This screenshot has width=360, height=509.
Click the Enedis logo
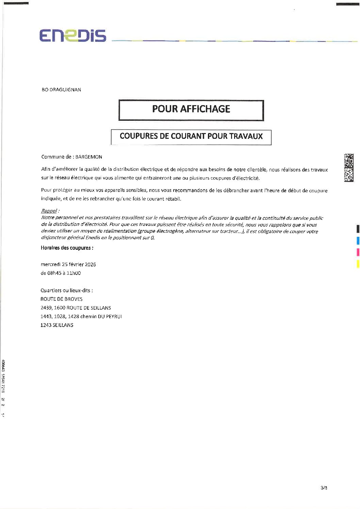click(x=72, y=36)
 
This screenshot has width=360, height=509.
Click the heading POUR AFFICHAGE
click(x=191, y=109)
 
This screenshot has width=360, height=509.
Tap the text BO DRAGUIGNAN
click(x=61, y=90)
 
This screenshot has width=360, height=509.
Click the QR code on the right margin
click(x=348, y=167)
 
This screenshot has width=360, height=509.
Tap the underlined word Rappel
click(x=49, y=211)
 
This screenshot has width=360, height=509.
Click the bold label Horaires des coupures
click(x=67, y=248)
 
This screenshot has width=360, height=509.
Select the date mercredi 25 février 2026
click(x=68, y=264)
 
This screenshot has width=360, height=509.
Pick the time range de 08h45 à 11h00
click(x=61, y=273)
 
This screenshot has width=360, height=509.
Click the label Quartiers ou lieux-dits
click(x=66, y=290)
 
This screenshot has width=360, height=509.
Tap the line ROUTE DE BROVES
click(x=61, y=299)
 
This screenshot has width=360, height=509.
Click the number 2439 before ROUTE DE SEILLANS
click(x=46, y=308)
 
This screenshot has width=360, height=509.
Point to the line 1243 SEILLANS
click(x=57, y=325)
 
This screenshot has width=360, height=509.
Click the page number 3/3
click(x=324, y=488)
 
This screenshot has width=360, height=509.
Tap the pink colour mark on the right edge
click(x=358, y=252)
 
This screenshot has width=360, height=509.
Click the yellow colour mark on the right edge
click(x=358, y=264)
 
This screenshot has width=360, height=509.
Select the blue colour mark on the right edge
click(x=358, y=241)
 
